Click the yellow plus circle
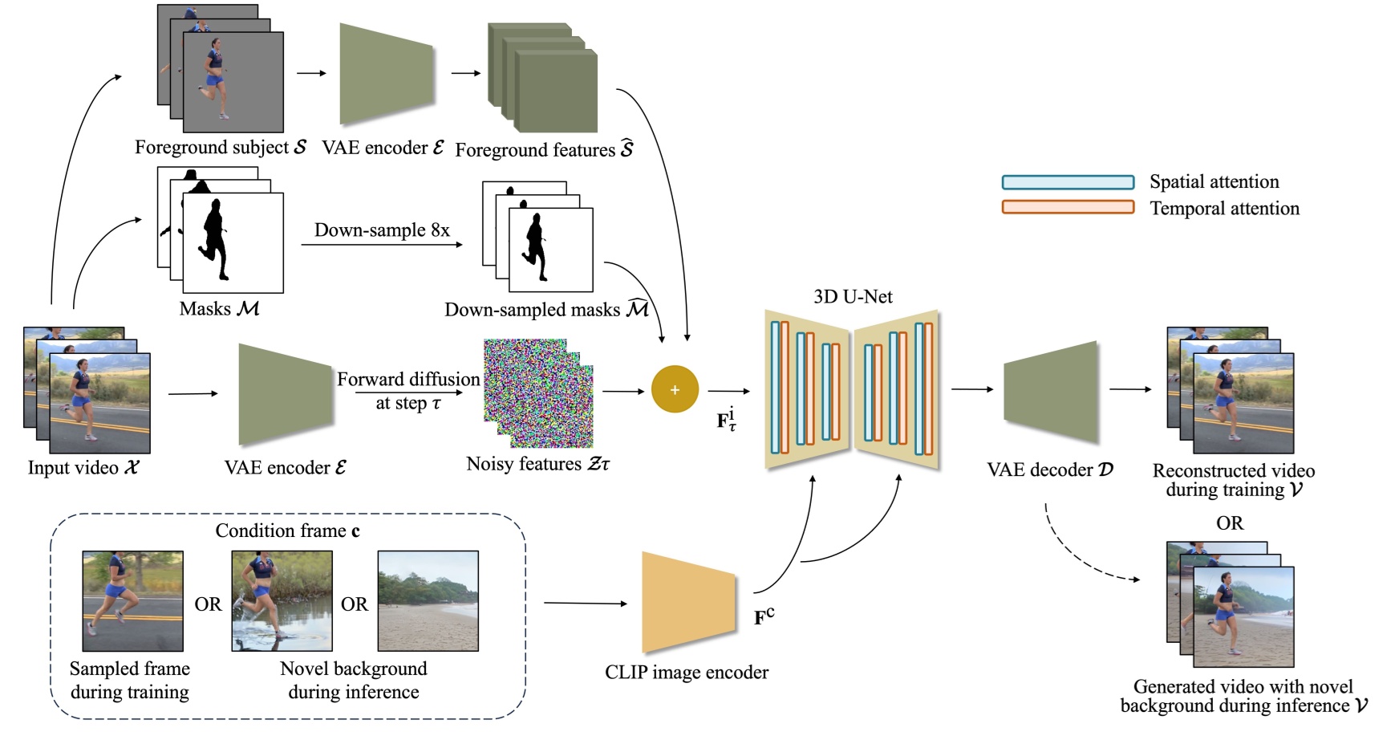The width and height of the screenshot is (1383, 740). point(675,390)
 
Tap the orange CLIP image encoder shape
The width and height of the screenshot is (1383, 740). point(688,603)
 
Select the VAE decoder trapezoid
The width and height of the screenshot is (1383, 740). point(1050,392)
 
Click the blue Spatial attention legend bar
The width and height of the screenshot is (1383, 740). point(1068,182)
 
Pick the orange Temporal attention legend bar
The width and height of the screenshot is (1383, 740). point(1068,207)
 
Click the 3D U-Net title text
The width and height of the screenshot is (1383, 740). point(853,296)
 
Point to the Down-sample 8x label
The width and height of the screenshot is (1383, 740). point(382,230)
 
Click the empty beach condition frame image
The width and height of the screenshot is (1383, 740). point(428,600)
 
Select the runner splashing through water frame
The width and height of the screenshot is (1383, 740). point(282,600)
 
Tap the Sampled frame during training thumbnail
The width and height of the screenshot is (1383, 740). point(132,600)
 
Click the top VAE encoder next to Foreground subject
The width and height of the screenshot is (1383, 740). point(387,74)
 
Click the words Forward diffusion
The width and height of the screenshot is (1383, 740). point(408,379)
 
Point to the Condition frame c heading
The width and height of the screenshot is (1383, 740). point(287,531)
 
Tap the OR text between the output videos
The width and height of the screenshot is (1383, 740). point(1229,523)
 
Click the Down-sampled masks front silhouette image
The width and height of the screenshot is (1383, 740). point(550,250)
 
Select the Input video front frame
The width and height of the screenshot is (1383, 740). point(99,403)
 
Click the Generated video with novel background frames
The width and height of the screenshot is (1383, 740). point(1242,616)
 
